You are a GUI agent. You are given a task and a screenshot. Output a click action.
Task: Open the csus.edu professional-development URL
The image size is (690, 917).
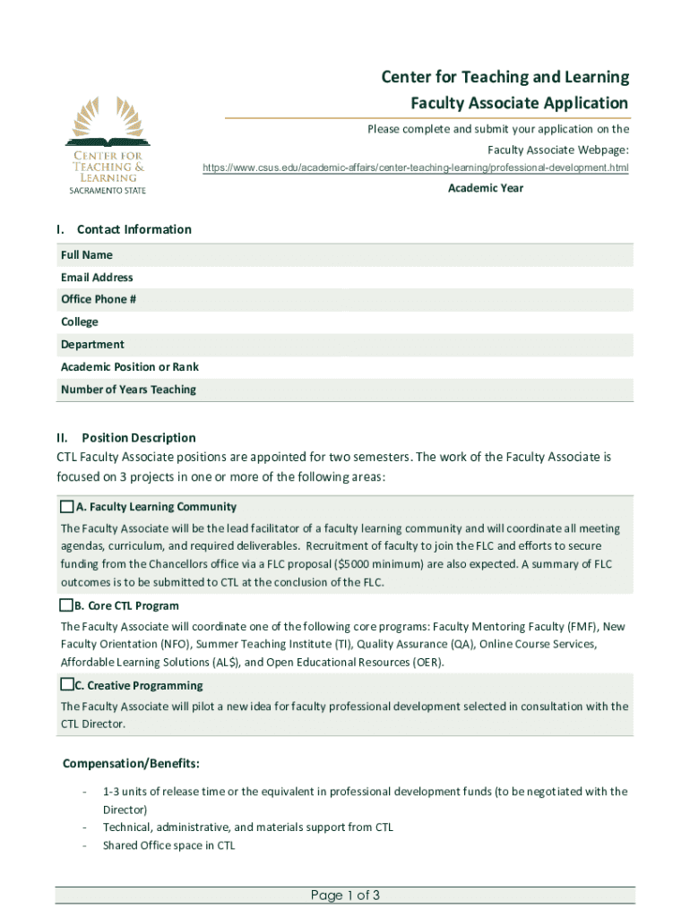point(415,167)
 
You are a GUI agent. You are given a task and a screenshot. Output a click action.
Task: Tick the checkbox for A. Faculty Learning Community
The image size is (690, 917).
point(66,506)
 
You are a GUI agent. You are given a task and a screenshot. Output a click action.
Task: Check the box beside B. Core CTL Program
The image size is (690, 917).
point(66,605)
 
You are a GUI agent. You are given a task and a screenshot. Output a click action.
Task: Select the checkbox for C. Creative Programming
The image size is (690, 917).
point(66,685)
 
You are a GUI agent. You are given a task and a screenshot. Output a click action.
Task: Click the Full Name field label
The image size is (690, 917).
point(87,255)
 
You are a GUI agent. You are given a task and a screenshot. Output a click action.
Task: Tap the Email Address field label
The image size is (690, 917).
point(97,278)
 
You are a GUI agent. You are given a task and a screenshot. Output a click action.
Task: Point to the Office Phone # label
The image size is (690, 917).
point(99,299)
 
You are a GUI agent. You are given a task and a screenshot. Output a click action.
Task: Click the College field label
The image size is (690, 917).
point(80,321)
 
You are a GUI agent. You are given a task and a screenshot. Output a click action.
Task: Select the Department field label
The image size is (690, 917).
point(92,344)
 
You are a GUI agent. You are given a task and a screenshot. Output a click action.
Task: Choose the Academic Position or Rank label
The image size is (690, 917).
point(130,366)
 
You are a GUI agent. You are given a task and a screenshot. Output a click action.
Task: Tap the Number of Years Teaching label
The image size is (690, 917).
point(128,390)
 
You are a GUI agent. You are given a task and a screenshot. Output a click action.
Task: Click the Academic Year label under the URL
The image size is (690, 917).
point(486,188)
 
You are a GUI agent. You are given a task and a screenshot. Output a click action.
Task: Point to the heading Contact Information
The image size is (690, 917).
point(134,229)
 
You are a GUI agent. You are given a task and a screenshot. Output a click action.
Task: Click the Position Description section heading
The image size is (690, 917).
point(138,438)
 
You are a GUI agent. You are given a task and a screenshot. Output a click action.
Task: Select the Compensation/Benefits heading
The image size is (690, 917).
point(131,764)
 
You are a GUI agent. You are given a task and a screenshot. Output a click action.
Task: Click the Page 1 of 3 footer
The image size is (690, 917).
point(346,896)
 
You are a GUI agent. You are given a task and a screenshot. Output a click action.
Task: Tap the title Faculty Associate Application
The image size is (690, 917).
point(519,103)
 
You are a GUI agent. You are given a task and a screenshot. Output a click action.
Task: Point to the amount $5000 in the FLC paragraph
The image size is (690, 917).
point(353,564)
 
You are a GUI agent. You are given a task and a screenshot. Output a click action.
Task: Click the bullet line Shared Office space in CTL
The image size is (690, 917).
point(168,845)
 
